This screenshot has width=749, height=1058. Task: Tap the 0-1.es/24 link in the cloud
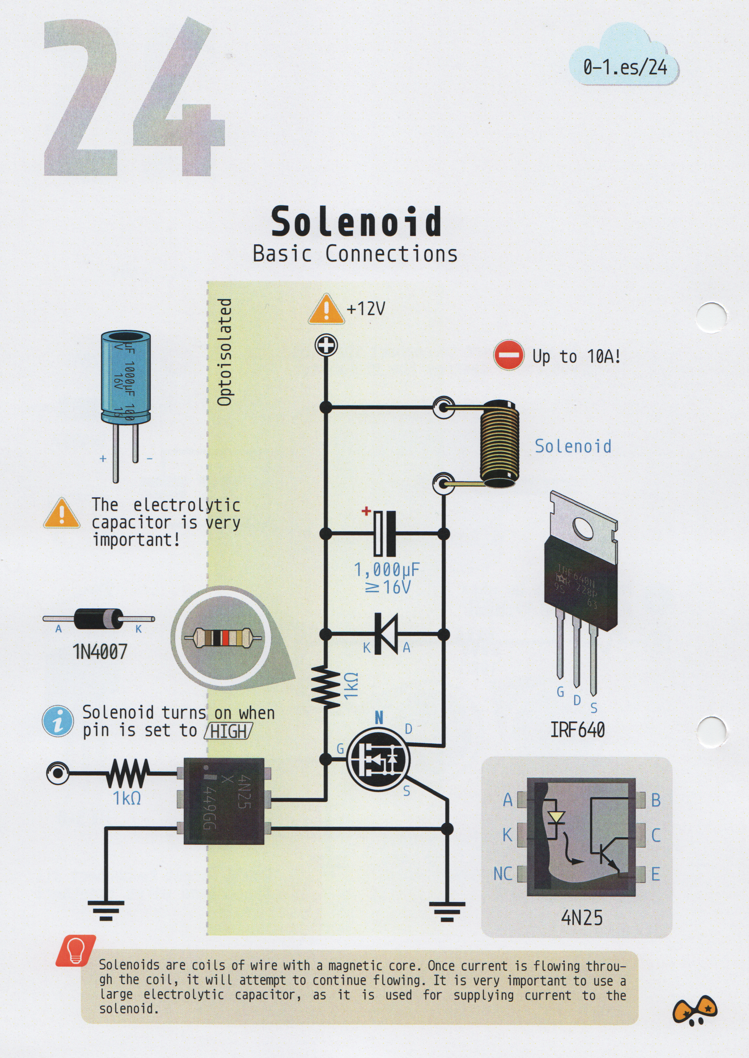pyautogui.click(x=625, y=67)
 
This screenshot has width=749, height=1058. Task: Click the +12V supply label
pyautogui.click(x=366, y=308)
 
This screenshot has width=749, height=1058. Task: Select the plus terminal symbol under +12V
pyautogui.click(x=326, y=345)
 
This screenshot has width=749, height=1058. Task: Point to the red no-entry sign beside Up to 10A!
pyautogui.click(x=508, y=355)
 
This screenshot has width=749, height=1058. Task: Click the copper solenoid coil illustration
pyautogui.click(x=500, y=445)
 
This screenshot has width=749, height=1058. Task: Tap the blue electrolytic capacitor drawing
pyautogui.click(x=125, y=376)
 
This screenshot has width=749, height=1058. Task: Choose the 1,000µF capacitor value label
pyautogui.click(x=387, y=570)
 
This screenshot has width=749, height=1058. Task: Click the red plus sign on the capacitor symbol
pyautogui.click(x=366, y=511)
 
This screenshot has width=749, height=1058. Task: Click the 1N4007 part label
pyautogui.click(x=100, y=652)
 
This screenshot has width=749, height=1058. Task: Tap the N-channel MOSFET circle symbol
pyautogui.click(x=378, y=759)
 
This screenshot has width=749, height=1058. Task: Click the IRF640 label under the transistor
pyautogui.click(x=577, y=730)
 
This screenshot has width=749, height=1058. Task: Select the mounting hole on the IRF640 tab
pyautogui.click(x=583, y=527)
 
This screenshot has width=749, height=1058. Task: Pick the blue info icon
pyautogui.click(x=58, y=721)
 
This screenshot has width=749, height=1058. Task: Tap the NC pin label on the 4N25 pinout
pyautogui.click(x=502, y=874)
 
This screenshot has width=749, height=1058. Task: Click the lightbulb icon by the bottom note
pyautogui.click(x=76, y=950)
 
